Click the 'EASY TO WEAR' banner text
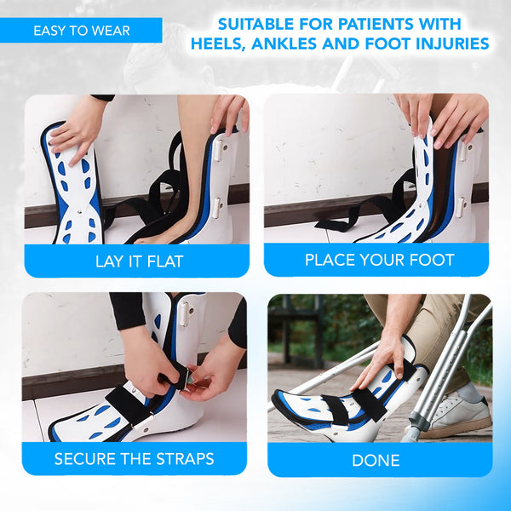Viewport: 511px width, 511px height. point(82,31)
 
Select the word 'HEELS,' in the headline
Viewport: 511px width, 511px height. point(225,43)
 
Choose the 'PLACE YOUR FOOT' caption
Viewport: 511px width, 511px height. point(379,260)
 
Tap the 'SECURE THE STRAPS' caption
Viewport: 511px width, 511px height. point(135,459)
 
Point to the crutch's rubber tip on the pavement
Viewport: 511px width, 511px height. point(410,434)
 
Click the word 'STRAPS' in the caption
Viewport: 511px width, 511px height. point(186,459)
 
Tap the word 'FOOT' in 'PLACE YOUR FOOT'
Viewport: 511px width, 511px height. point(433,260)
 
